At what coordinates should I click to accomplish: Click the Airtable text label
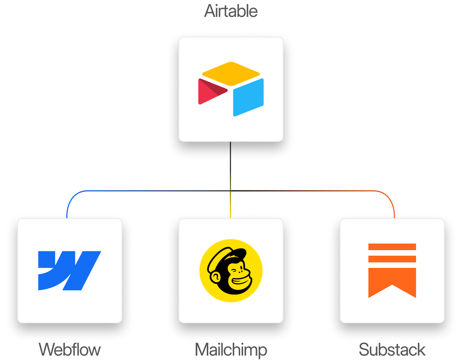point(231,11)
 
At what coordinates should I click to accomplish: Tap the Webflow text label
point(69,349)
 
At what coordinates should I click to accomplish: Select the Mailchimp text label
point(231,350)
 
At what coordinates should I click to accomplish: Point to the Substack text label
point(392,349)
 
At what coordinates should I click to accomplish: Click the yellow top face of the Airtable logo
point(231,73)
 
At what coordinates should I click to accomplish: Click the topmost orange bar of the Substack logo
point(392,247)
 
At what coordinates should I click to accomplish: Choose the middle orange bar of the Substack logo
point(392,259)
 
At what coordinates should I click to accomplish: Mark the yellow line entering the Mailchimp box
point(230,209)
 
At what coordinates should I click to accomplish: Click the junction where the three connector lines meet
point(230,191)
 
